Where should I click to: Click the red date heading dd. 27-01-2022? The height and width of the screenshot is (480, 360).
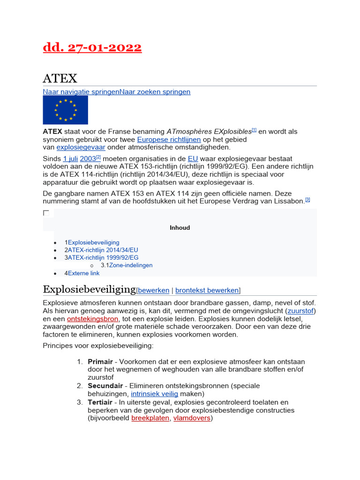coord(92,48)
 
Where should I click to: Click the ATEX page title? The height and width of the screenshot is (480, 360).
coord(60,78)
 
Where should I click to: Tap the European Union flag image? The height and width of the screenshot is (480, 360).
coord(65,110)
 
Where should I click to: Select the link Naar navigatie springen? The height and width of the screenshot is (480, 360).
coord(81,92)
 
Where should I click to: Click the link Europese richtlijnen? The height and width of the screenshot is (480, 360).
coord(169,139)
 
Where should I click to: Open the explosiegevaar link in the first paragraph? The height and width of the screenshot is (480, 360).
coord(81,147)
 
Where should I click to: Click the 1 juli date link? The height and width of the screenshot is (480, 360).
coord(70,158)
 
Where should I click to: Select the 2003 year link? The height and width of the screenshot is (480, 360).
coord(88,158)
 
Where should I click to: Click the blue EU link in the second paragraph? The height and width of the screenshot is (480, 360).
coord(193,158)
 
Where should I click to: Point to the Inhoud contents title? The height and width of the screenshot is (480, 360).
coord(180,228)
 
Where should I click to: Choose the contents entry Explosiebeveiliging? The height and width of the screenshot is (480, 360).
coord(93,242)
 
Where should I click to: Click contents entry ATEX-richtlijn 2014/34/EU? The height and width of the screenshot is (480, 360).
coord(103,250)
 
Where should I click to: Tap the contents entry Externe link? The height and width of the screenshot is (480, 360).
coord(83,273)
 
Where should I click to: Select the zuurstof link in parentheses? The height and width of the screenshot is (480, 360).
coord(301,311)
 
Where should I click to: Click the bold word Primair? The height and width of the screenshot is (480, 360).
coord(100,361)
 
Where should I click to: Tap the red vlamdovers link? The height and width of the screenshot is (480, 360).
coord(192,418)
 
